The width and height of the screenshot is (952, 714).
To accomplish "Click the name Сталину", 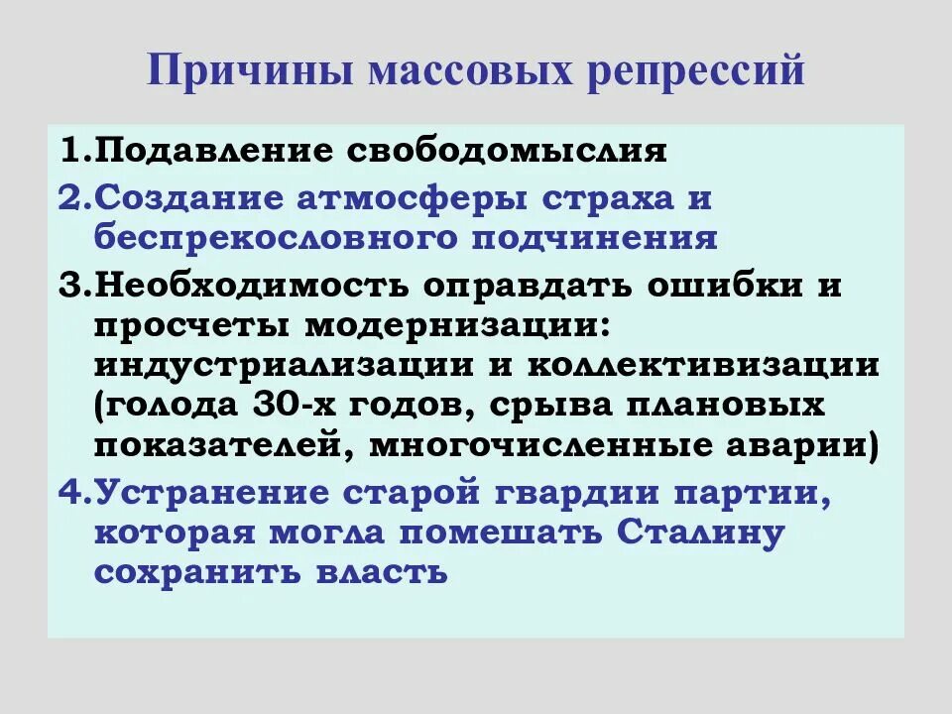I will pyautogui.click(x=701, y=533).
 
